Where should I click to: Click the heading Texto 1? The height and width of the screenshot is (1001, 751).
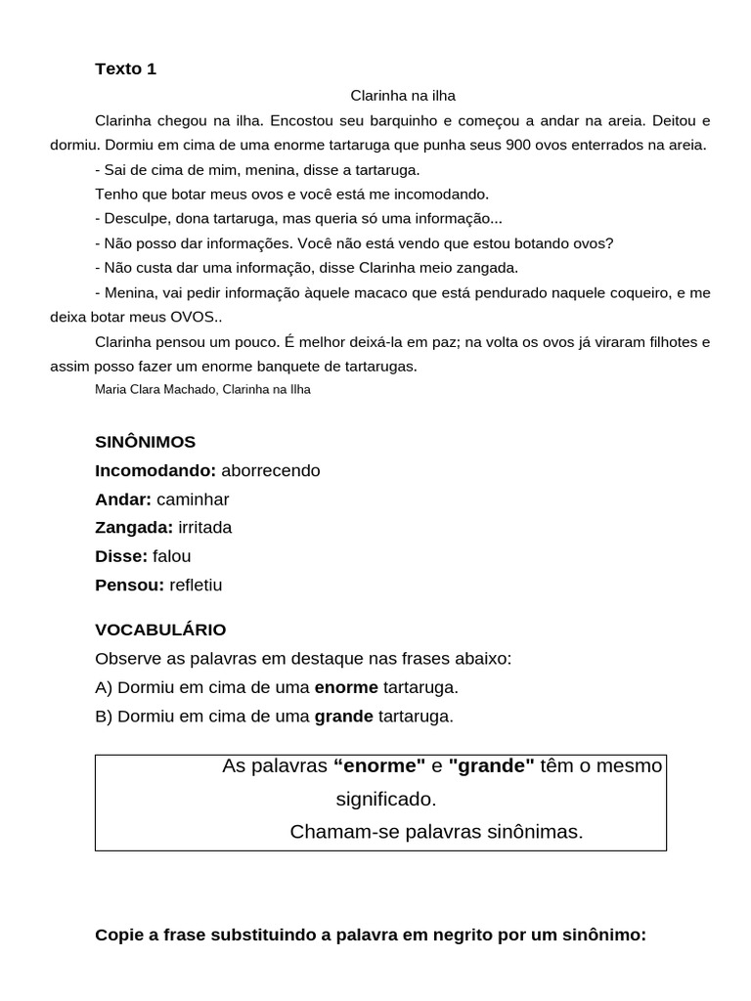pos(125,68)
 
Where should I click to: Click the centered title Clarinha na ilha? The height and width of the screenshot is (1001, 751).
pos(403,96)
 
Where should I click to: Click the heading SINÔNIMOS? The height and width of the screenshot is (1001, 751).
pos(145,442)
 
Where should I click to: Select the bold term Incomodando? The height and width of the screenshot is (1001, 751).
pos(155,470)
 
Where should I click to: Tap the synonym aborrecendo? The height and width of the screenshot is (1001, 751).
pos(271,470)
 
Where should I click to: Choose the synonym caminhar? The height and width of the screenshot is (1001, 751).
pos(193,500)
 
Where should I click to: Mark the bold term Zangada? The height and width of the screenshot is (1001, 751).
pos(134,528)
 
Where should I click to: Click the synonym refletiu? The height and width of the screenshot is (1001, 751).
pos(196,586)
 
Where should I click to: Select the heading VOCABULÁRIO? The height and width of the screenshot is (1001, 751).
pos(160,630)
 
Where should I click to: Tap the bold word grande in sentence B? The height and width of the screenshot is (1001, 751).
pos(343,717)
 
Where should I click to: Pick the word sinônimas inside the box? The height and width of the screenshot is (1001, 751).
pos(539,832)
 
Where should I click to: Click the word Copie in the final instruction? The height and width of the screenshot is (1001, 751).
pos(118,936)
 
